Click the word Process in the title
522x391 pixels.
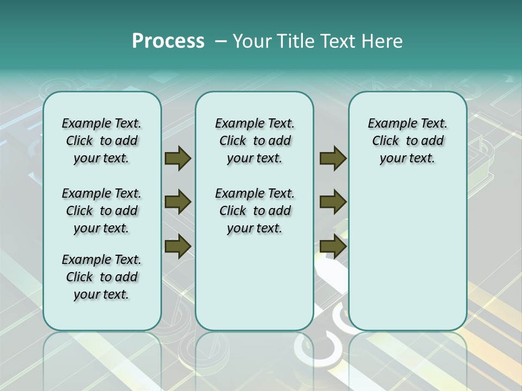(168, 41)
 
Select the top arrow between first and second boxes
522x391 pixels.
(178, 159)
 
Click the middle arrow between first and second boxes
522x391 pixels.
(178, 202)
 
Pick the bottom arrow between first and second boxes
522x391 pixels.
(178, 247)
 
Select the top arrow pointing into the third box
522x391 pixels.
(333, 159)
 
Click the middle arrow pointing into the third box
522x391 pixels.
(333, 202)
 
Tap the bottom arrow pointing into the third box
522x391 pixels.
(333, 247)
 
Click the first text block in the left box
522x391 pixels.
(102, 141)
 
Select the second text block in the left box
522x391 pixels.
(102, 211)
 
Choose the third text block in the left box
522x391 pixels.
(102, 277)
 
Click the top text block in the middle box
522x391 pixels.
(254, 141)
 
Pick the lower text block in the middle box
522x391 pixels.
(254, 211)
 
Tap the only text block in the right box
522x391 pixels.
(407, 141)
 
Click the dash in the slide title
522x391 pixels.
(220, 41)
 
